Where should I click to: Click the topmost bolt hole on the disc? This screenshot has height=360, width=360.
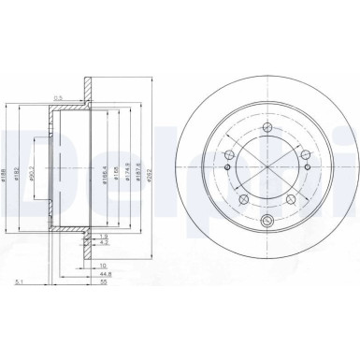tap(267, 128)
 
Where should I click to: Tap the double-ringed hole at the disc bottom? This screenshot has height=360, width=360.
tap(267, 221)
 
